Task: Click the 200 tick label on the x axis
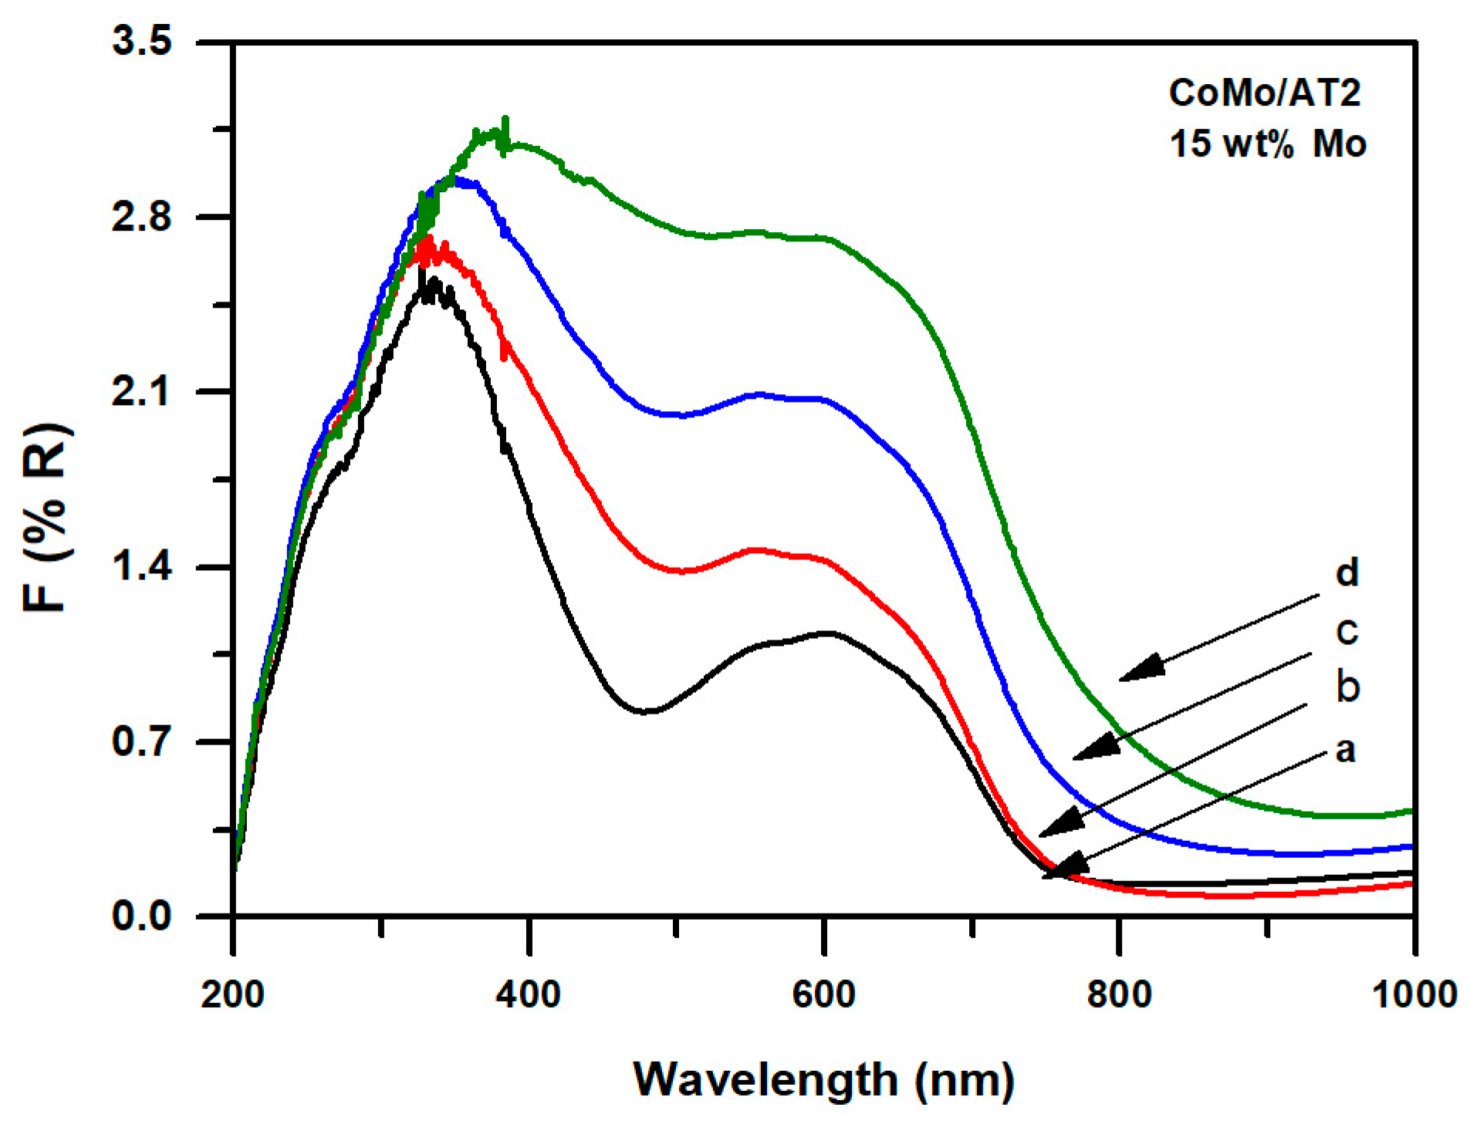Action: (x=232, y=994)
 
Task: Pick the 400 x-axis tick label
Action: (x=529, y=994)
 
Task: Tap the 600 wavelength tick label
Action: (x=823, y=994)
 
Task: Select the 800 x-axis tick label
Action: (x=1119, y=994)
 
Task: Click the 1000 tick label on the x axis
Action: (x=1414, y=994)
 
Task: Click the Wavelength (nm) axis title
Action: (x=823, y=1079)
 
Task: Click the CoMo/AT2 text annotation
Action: (x=1264, y=93)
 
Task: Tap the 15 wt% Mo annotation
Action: (x=1267, y=144)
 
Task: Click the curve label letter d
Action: (x=1347, y=573)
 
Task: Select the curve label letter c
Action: (x=1347, y=631)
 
